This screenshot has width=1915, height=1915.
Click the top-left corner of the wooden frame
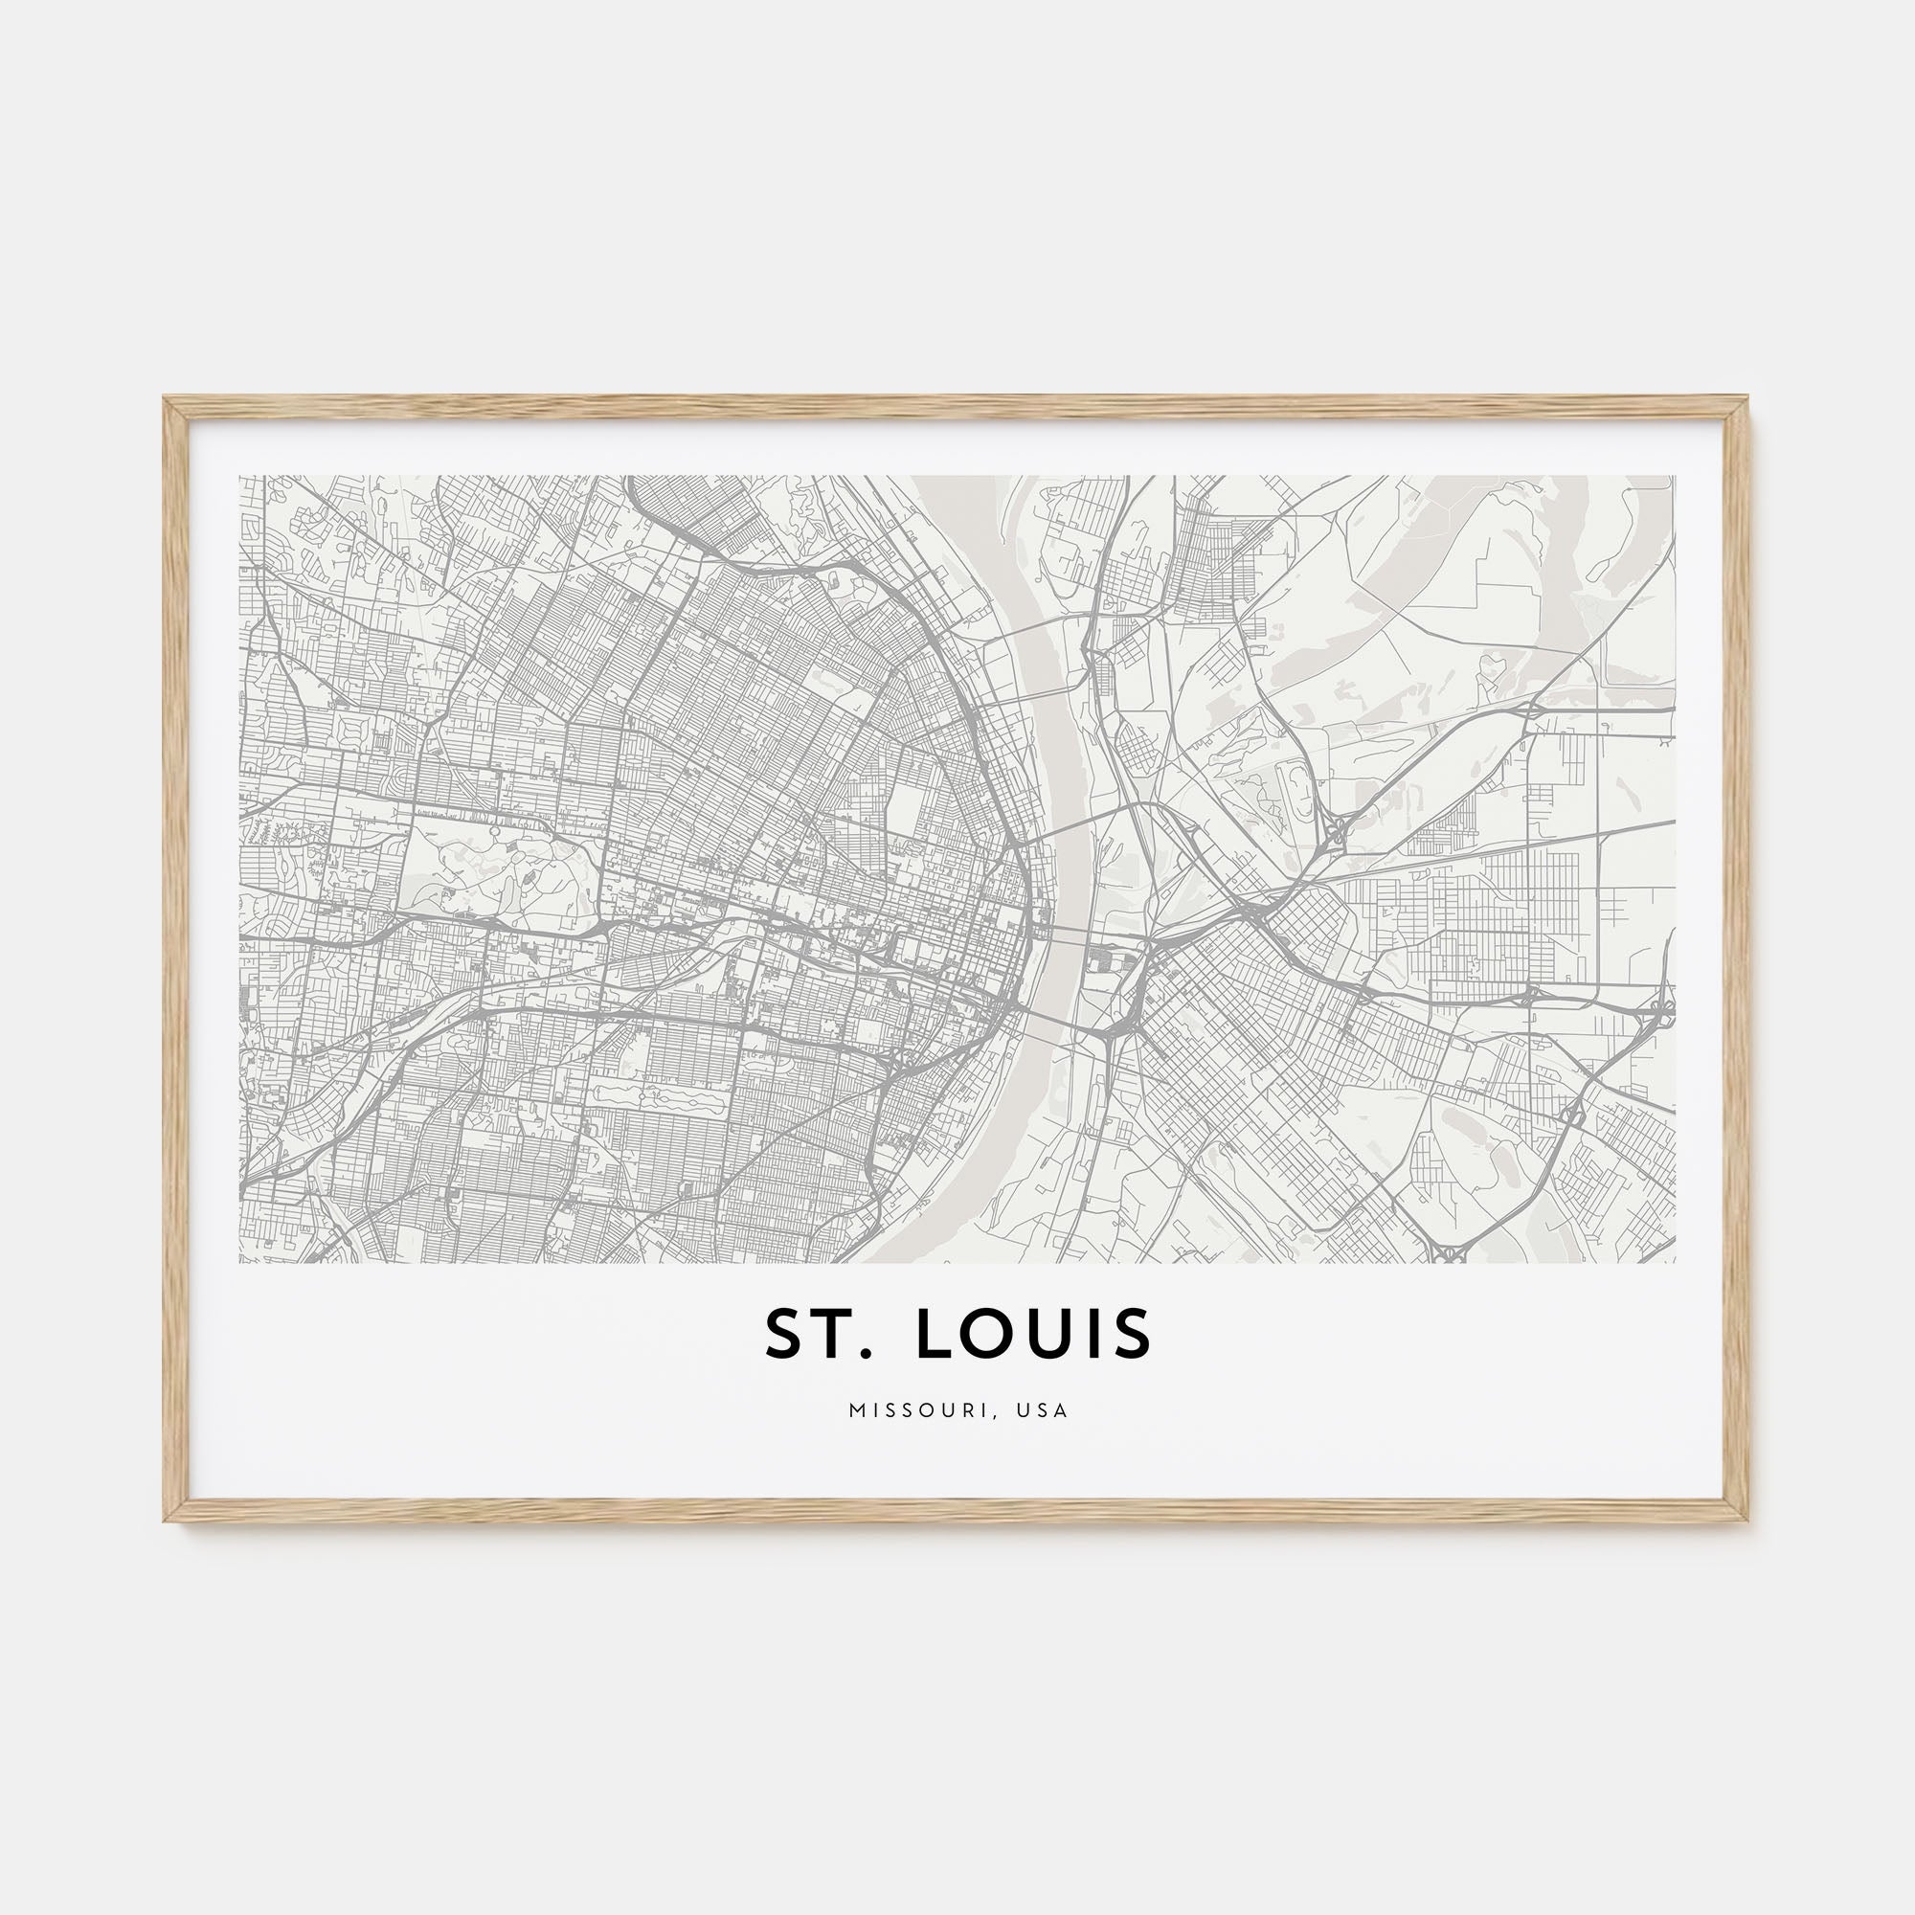pyautogui.click(x=166, y=399)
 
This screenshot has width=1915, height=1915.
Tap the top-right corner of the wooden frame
pyautogui.click(x=1748, y=399)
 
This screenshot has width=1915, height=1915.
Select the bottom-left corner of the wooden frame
pyautogui.click(x=166, y=1520)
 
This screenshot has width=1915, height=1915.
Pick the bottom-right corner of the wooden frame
pyautogui.click(x=1748, y=1520)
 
